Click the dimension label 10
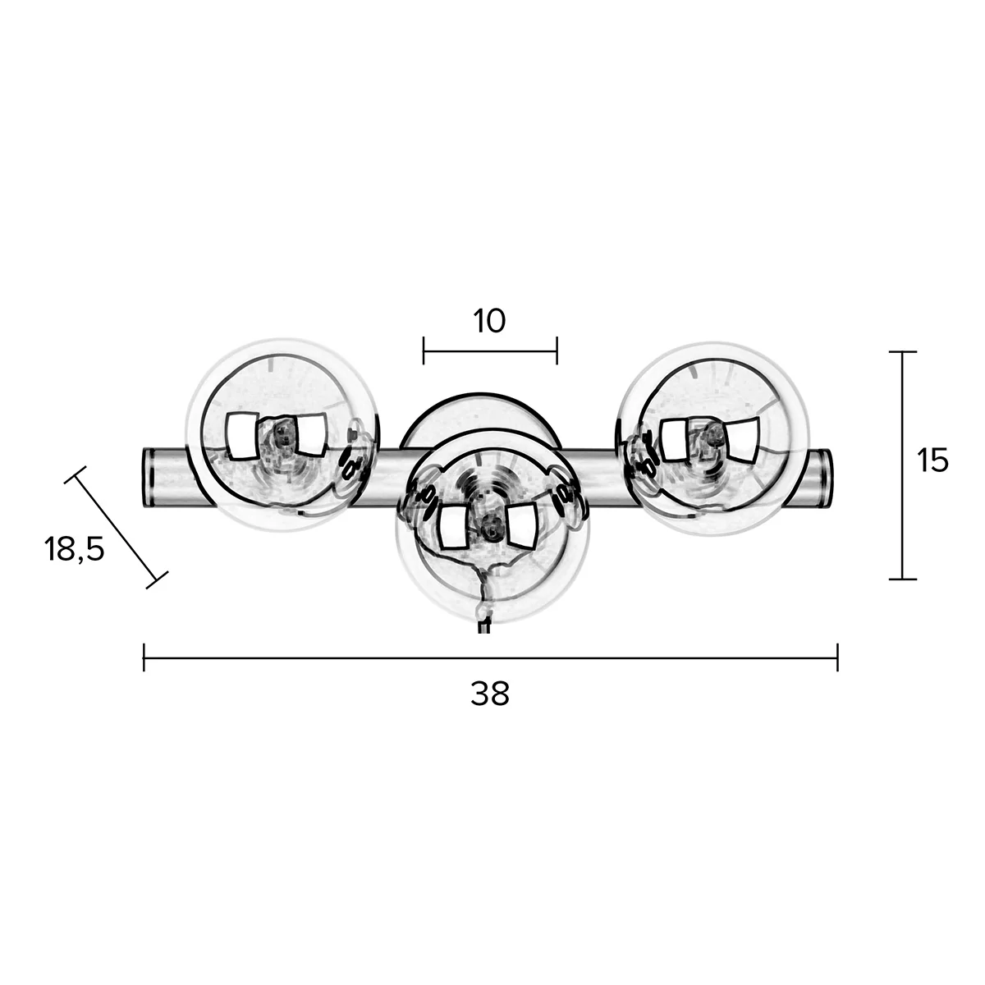[x=489, y=321]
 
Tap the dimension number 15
[x=932, y=461]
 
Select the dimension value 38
[x=490, y=694]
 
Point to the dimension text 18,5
[x=75, y=549]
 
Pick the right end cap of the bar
[x=827, y=477]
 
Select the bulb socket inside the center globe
[x=490, y=525]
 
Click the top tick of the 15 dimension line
[x=903, y=352]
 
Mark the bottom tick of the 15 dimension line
[x=903, y=579]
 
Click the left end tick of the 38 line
[x=144, y=657]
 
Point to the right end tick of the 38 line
[x=836, y=657]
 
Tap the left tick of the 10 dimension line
[x=424, y=350]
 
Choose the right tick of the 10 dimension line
[x=557, y=350]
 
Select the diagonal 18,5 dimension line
[x=116, y=527]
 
